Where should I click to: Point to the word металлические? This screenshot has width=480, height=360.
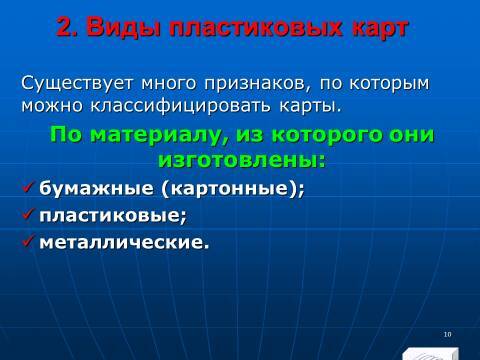125,241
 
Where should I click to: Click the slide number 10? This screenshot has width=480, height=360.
446,332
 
